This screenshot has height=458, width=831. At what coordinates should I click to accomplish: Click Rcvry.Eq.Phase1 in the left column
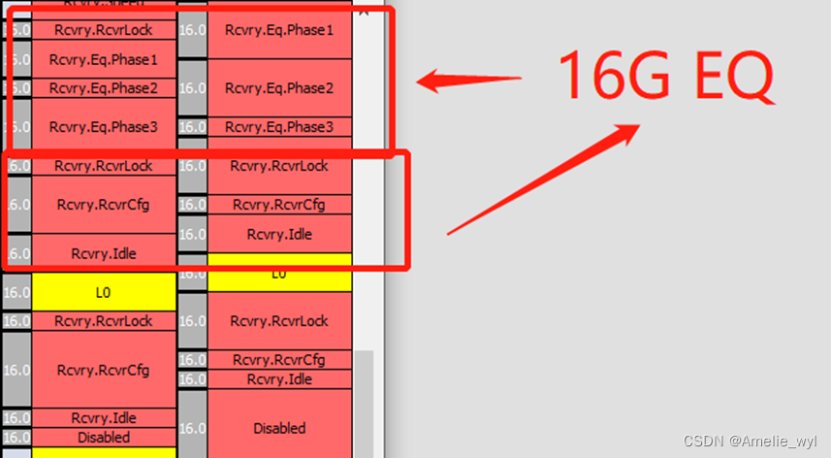tap(104, 59)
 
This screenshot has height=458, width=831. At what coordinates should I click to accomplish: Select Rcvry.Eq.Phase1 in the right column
tap(279, 30)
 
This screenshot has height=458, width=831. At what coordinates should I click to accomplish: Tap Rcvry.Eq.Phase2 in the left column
tap(104, 88)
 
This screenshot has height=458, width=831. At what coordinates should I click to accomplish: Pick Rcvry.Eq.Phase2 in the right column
tap(279, 88)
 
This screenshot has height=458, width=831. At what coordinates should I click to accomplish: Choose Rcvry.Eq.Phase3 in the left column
tap(104, 126)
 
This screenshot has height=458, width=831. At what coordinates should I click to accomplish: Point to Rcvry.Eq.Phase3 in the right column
tap(279, 127)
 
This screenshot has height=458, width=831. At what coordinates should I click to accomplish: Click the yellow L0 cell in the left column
tap(104, 291)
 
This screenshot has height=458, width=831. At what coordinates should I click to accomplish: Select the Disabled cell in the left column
tap(104, 438)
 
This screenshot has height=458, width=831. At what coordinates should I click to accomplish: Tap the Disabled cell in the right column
tap(279, 428)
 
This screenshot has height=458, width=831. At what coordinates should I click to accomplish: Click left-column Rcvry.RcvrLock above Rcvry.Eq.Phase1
tap(104, 30)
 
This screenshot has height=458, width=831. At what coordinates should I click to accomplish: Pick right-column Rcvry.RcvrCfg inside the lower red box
tap(279, 205)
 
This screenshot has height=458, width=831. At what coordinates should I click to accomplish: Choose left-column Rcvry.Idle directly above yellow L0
tap(104, 253)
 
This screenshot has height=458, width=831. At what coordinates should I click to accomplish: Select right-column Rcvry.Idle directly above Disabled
tap(279, 379)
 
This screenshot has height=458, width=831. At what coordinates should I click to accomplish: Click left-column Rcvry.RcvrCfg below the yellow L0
tap(104, 370)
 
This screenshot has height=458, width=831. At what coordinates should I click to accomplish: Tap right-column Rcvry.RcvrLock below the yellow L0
tap(279, 321)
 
